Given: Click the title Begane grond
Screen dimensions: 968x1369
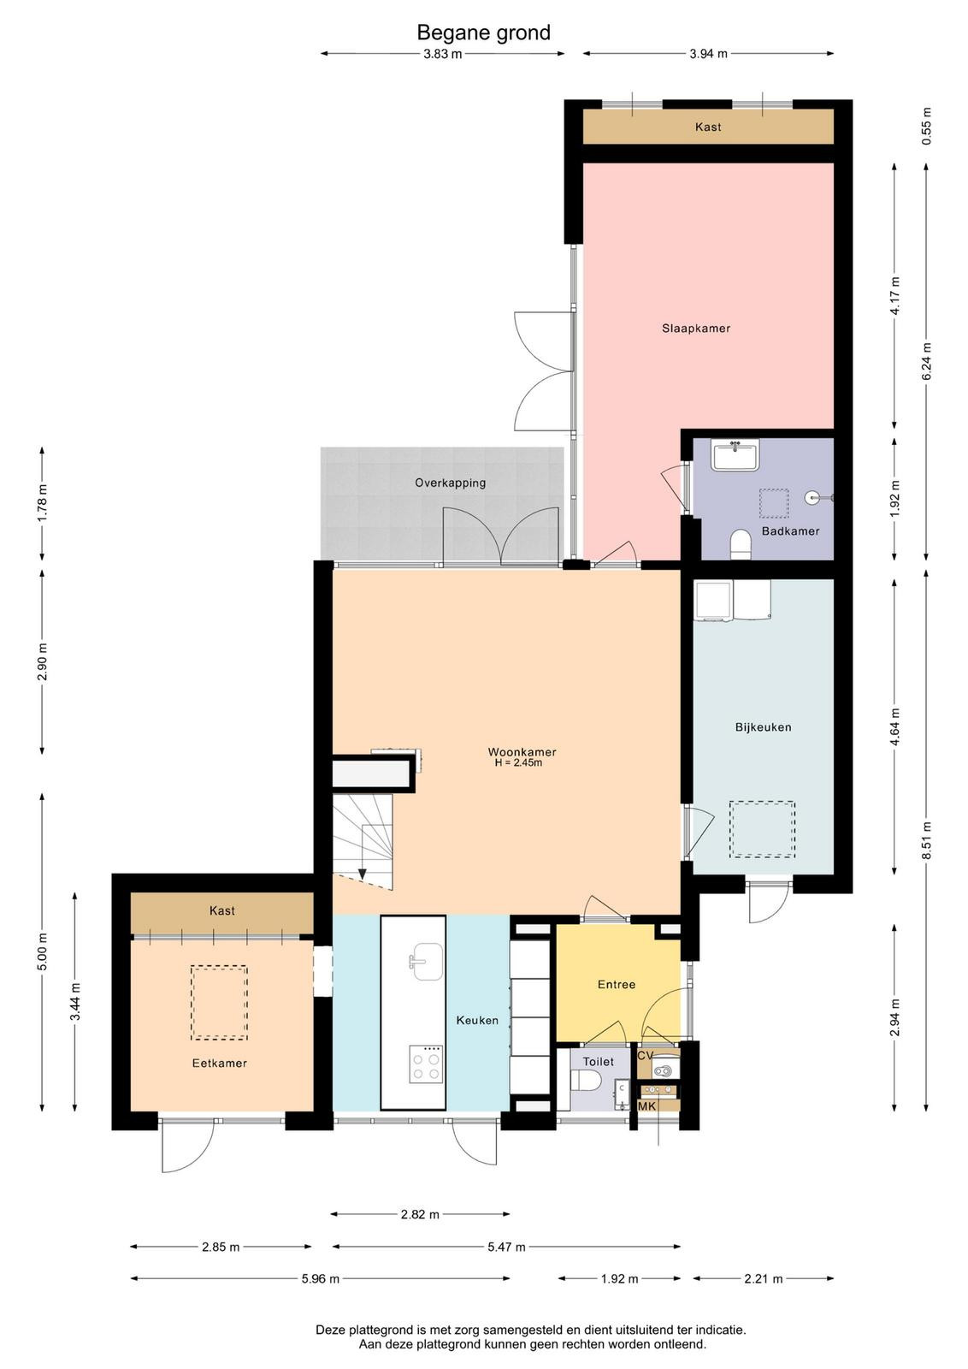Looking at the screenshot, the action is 483,33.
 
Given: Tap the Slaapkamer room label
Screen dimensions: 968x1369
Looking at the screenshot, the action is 696,329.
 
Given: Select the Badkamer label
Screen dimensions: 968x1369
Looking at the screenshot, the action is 790,531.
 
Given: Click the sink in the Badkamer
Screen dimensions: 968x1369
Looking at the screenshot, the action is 735,454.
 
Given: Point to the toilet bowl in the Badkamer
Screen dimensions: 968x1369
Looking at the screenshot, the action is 741,544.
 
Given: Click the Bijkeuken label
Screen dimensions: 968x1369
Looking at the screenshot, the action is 763,727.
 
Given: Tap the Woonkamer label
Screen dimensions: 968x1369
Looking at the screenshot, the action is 522,752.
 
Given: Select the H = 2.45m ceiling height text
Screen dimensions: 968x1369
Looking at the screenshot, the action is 518,762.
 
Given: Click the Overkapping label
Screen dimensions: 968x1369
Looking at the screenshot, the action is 450,483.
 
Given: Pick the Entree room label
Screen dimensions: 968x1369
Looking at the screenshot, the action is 617,985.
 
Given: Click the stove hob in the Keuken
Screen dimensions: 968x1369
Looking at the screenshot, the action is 427,1064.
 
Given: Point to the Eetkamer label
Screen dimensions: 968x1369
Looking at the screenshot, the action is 219,1064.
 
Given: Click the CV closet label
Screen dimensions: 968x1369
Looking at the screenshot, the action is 646,1056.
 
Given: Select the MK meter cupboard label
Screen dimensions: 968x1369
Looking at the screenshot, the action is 646,1107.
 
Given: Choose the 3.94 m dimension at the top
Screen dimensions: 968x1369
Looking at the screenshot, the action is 708,54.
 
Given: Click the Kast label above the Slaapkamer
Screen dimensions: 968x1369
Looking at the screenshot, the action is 708,127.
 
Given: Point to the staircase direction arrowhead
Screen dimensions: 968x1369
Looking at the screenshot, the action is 363,874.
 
